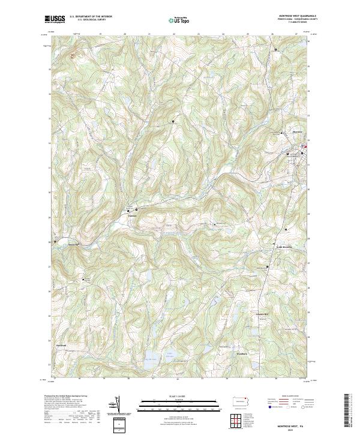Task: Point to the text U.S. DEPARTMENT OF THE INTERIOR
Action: pos(91,17)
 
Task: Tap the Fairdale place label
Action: pos(133,216)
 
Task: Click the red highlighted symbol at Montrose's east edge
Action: pos(305,146)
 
